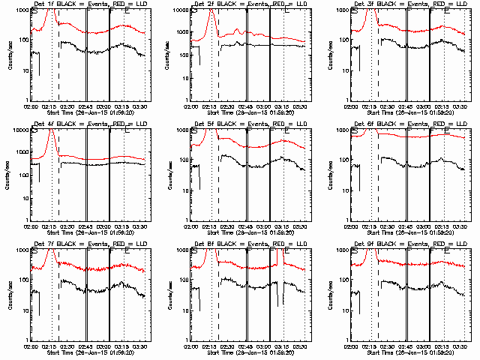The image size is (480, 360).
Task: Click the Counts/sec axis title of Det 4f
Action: click(9, 175)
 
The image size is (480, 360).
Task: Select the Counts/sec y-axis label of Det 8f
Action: click(169, 295)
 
